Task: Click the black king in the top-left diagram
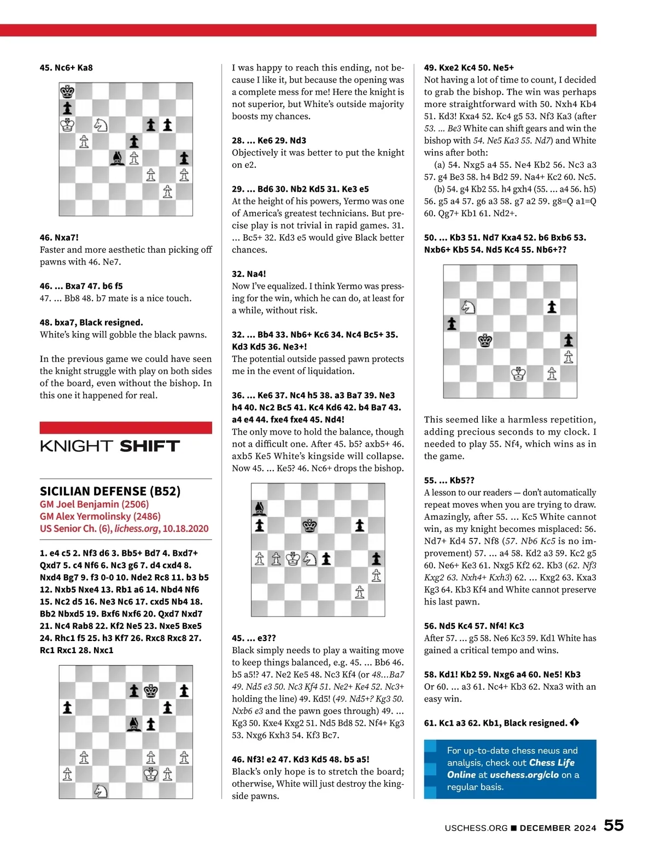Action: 67,91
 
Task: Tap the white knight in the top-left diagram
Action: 101,125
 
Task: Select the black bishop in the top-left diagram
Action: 117,158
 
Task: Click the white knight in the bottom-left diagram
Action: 101,790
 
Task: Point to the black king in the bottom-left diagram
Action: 151,691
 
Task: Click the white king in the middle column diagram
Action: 293,559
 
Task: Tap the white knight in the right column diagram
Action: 468,307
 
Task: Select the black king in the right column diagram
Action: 485,341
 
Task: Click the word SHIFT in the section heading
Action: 149,446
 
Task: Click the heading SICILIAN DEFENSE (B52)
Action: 110,491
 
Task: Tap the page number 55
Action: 613,825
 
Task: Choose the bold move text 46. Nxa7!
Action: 59,238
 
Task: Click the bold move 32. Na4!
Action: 249,274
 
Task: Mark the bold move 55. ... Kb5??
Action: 449,480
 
